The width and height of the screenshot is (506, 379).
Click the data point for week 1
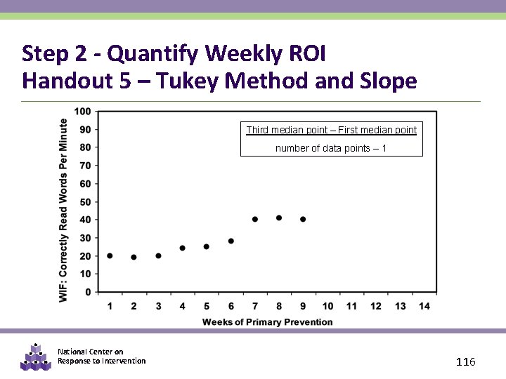pyautogui.click(x=110, y=256)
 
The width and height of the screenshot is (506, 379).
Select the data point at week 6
pyautogui.click(x=231, y=241)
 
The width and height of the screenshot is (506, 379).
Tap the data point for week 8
pyautogui.click(x=279, y=218)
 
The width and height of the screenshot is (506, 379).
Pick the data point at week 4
pyautogui.click(x=182, y=248)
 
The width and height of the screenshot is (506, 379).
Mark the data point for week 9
pyautogui.click(x=303, y=219)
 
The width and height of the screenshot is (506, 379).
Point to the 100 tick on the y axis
pyautogui.click(x=82, y=111)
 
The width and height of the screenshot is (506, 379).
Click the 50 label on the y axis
pyautogui.click(x=85, y=201)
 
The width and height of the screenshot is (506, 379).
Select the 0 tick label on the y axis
pyautogui.click(x=88, y=292)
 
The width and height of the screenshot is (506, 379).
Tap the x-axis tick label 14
pyautogui.click(x=424, y=306)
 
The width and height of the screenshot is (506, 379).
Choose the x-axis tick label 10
pyautogui.click(x=327, y=306)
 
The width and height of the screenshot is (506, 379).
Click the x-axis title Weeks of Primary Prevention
pyautogui.click(x=267, y=322)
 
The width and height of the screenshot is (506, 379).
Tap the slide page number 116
pyautogui.click(x=466, y=361)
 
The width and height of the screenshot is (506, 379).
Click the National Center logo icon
pyautogui.click(x=36, y=357)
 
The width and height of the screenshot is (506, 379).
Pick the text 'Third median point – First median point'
pyautogui.click(x=331, y=130)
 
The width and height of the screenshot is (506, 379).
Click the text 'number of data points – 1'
pyautogui.click(x=331, y=148)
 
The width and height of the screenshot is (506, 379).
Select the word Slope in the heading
pyautogui.click(x=389, y=81)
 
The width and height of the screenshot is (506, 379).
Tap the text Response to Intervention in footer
pyautogui.click(x=102, y=361)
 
